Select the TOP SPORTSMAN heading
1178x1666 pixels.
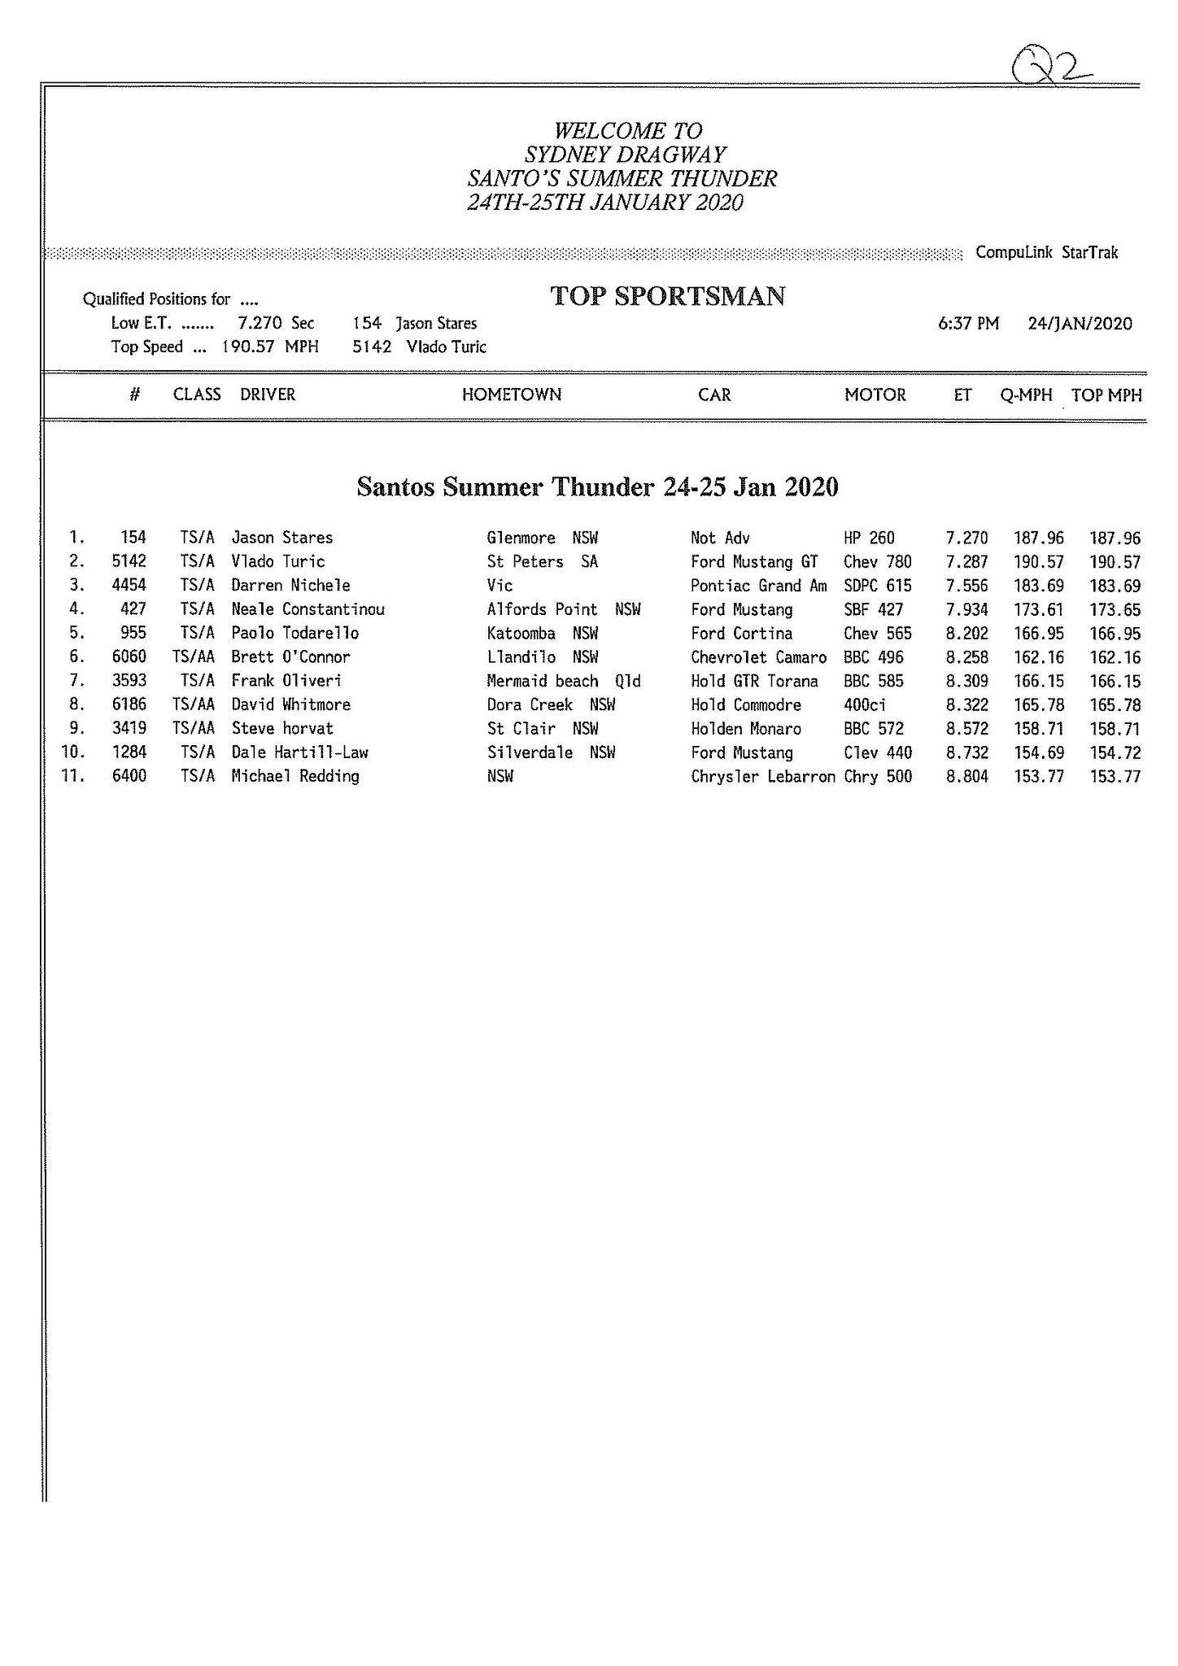[x=667, y=296]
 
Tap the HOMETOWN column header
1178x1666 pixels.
[x=512, y=395]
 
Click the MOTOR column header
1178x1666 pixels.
[x=875, y=395]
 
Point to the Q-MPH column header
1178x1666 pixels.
[x=1026, y=395]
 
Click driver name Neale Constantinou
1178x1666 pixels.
[x=308, y=609]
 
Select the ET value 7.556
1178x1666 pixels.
[x=966, y=586]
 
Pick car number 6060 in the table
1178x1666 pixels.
[x=129, y=657]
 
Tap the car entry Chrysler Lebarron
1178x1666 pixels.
[x=762, y=777]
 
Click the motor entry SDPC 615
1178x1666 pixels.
[x=878, y=586]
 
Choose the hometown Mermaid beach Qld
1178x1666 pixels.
[x=563, y=681]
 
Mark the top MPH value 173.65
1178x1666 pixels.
[x=1115, y=609]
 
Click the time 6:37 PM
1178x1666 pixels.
[x=968, y=324]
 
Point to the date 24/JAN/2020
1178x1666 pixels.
[x=1080, y=324]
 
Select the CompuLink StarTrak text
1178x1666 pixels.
[x=1047, y=253]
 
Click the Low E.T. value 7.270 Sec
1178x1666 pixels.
[x=275, y=324]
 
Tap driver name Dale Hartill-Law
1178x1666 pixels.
[x=299, y=752]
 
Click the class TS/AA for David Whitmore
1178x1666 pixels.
[x=194, y=704]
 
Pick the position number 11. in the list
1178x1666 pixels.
[x=73, y=776]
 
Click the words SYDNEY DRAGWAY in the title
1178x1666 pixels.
[x=625, y=155]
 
